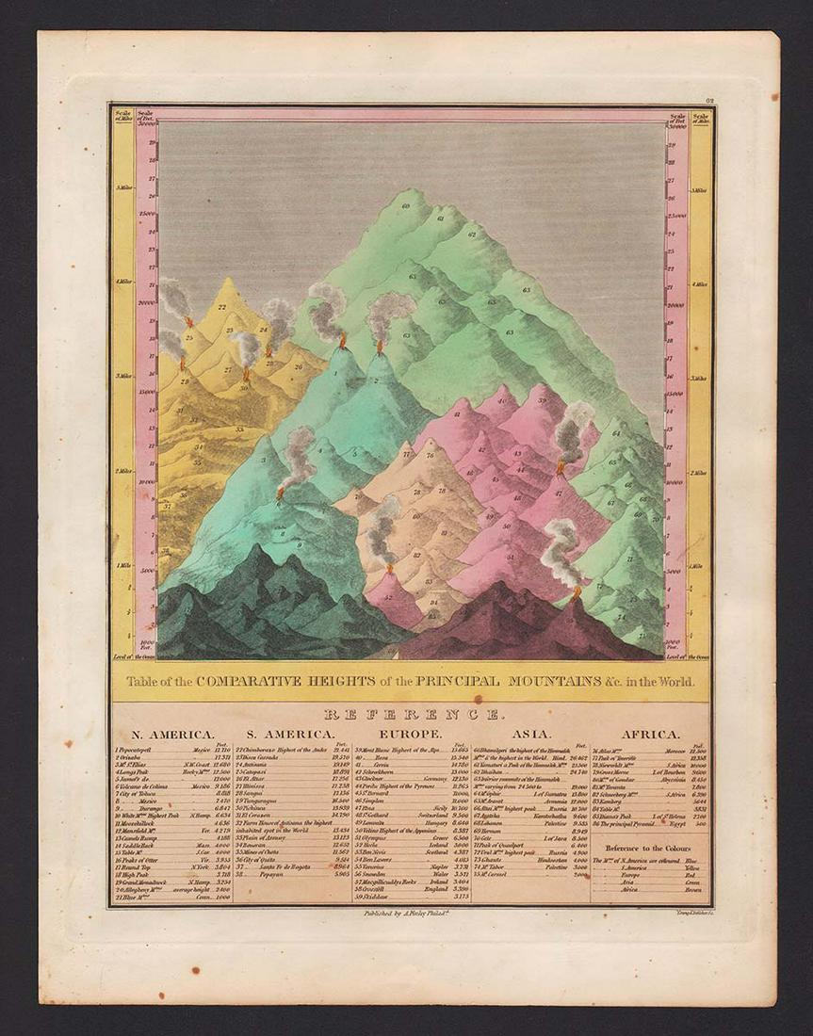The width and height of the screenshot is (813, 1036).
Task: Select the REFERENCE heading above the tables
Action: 410,714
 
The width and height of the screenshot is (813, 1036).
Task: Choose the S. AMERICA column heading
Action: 290,735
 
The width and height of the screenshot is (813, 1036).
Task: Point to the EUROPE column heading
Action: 412,735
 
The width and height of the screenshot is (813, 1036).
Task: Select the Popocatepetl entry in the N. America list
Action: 141,751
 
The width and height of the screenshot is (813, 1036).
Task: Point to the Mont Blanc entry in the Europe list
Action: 396,751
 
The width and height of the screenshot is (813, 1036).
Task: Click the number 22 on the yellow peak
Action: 222,307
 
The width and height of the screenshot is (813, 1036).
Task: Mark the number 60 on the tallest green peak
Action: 406,205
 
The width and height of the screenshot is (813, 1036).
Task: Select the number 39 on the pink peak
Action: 542,401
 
